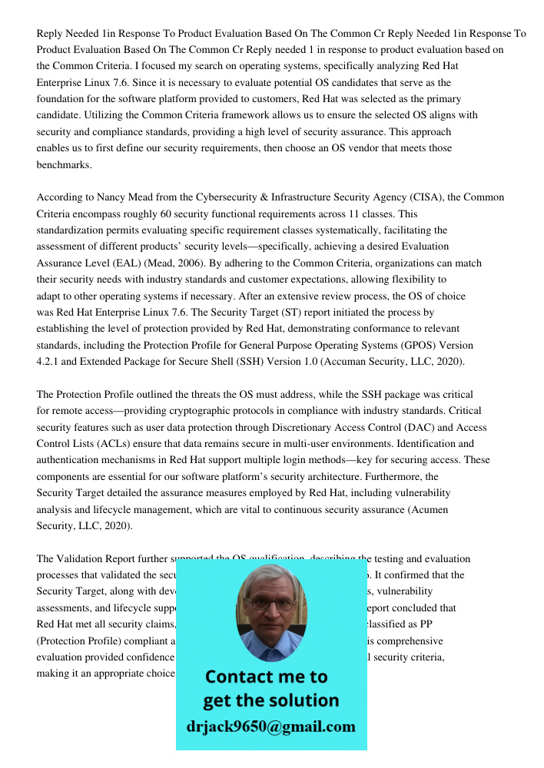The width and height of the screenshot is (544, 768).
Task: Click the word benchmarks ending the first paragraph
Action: tap(63, 164)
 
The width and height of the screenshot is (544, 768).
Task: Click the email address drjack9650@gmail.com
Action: tap(271, 727)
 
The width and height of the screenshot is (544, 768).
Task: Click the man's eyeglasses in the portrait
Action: tap(271, 604)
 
